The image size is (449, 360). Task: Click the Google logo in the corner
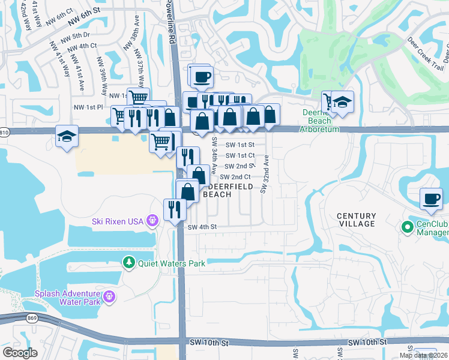click(20, 352)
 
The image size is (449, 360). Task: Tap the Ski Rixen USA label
click(117, 221)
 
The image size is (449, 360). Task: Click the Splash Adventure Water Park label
click(64, 296)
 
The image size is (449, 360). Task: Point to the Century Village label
click(356, 220)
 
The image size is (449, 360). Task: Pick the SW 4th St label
click(201, 227)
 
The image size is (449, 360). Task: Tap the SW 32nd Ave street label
click(265, 174)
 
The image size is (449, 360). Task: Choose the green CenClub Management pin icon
click(407, 227)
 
